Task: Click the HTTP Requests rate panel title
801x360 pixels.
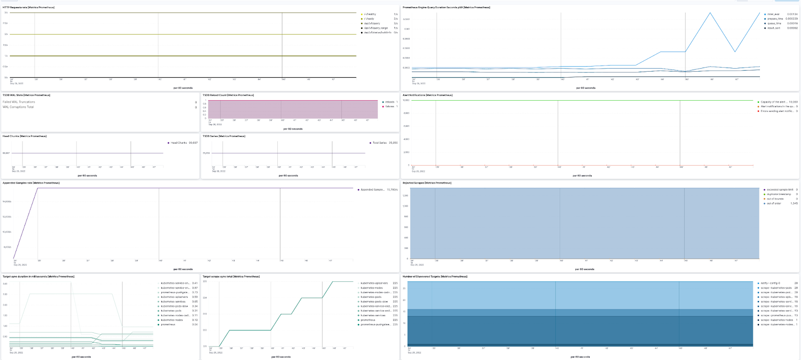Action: pyautogui.click(x=29, y=8)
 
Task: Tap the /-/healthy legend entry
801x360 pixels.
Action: pyautogui.click(x=370, y=14)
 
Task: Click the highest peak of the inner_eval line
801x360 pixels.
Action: pyautogui.click(x=710, y=13)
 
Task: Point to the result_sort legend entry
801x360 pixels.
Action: pyautogui.click(x=773, y=28)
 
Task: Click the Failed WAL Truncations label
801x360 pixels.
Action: pyautogui.click(x=19, y=102)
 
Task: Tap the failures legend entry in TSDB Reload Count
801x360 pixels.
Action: pyautogui.click(x=389, y=107)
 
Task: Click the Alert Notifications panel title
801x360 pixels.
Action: pyautogui.click(x=428, y=95)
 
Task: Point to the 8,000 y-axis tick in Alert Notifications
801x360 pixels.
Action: pyautogui.click(x=406, y=113)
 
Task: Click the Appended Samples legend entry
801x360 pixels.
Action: pyautogui.click(x=372, y=190)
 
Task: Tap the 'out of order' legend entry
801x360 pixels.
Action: pyautogui.click(x=773, y=203)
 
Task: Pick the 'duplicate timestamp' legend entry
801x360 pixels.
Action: pyautogui.click(x=778, y=194)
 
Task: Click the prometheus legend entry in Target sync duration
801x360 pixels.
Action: pyautogui.click(x=168, y=324)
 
